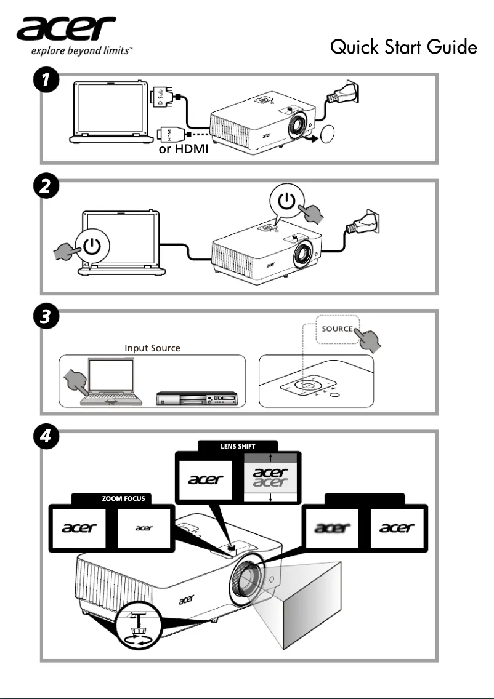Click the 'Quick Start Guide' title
(403, 46)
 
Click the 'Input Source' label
(152, 348)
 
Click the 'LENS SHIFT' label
(238, 446)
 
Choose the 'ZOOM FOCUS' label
(123, 498)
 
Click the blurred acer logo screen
(333, 528)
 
